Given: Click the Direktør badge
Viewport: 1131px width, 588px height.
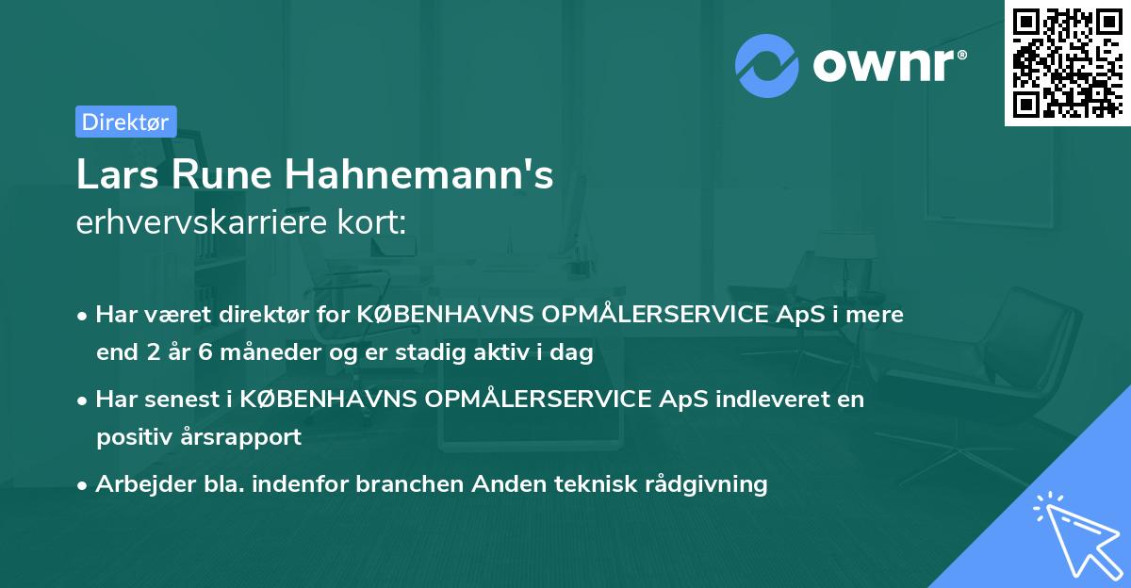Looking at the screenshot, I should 125,122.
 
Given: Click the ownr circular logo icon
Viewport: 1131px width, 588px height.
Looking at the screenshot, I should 767,64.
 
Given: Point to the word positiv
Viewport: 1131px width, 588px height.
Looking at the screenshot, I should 133,437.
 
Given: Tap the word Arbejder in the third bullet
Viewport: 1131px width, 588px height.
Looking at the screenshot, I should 139,484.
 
